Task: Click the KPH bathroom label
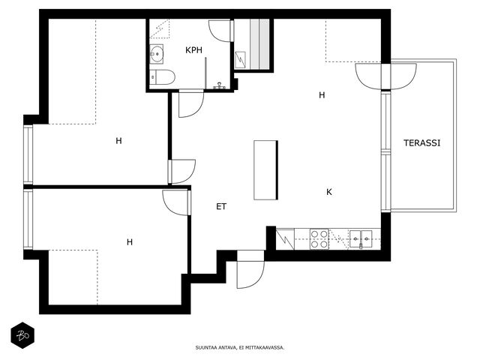click(x=193, y=50)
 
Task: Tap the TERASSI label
click(x=421, y=143)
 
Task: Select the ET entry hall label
click(x=221, y=207)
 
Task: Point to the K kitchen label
click(x=329, y=192)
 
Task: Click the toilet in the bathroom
click(x=162, y=76)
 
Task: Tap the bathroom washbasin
click(x=157, y=54)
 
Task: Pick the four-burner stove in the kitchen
click(x=319, y=239)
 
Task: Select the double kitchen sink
click(x=361, y=239)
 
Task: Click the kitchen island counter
click(x=265, y=170)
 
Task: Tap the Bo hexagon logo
click(x=22, y=335)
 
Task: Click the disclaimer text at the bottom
click(x=240, y=347)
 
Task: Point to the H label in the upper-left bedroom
click(x=118, y=141)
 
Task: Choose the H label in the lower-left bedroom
click(x=130, y=242)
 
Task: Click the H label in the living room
click(x=322, y=95)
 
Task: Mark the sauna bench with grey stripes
click(x=259, y=43)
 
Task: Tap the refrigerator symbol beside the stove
click(x=285, y=239)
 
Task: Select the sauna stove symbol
click(x=240, y=60)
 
